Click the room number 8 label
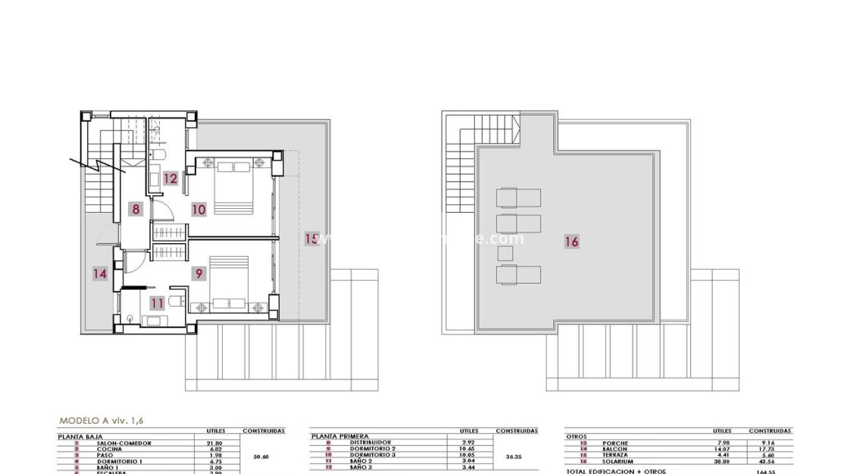[x=136, y=209]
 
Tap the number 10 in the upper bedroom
[x=199, y=209]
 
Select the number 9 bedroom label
[x=199, y=273]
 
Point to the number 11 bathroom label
[x=157, y=304]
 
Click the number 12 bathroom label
[x=170, y=179]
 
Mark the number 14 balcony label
[x=100, y=274]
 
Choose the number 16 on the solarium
[x=572, y=242]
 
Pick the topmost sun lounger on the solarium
[x=518, y=198]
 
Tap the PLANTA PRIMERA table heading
[x=340, y=437]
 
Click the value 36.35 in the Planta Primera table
[x=514, y=457]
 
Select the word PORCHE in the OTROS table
[x=615, y=443]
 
